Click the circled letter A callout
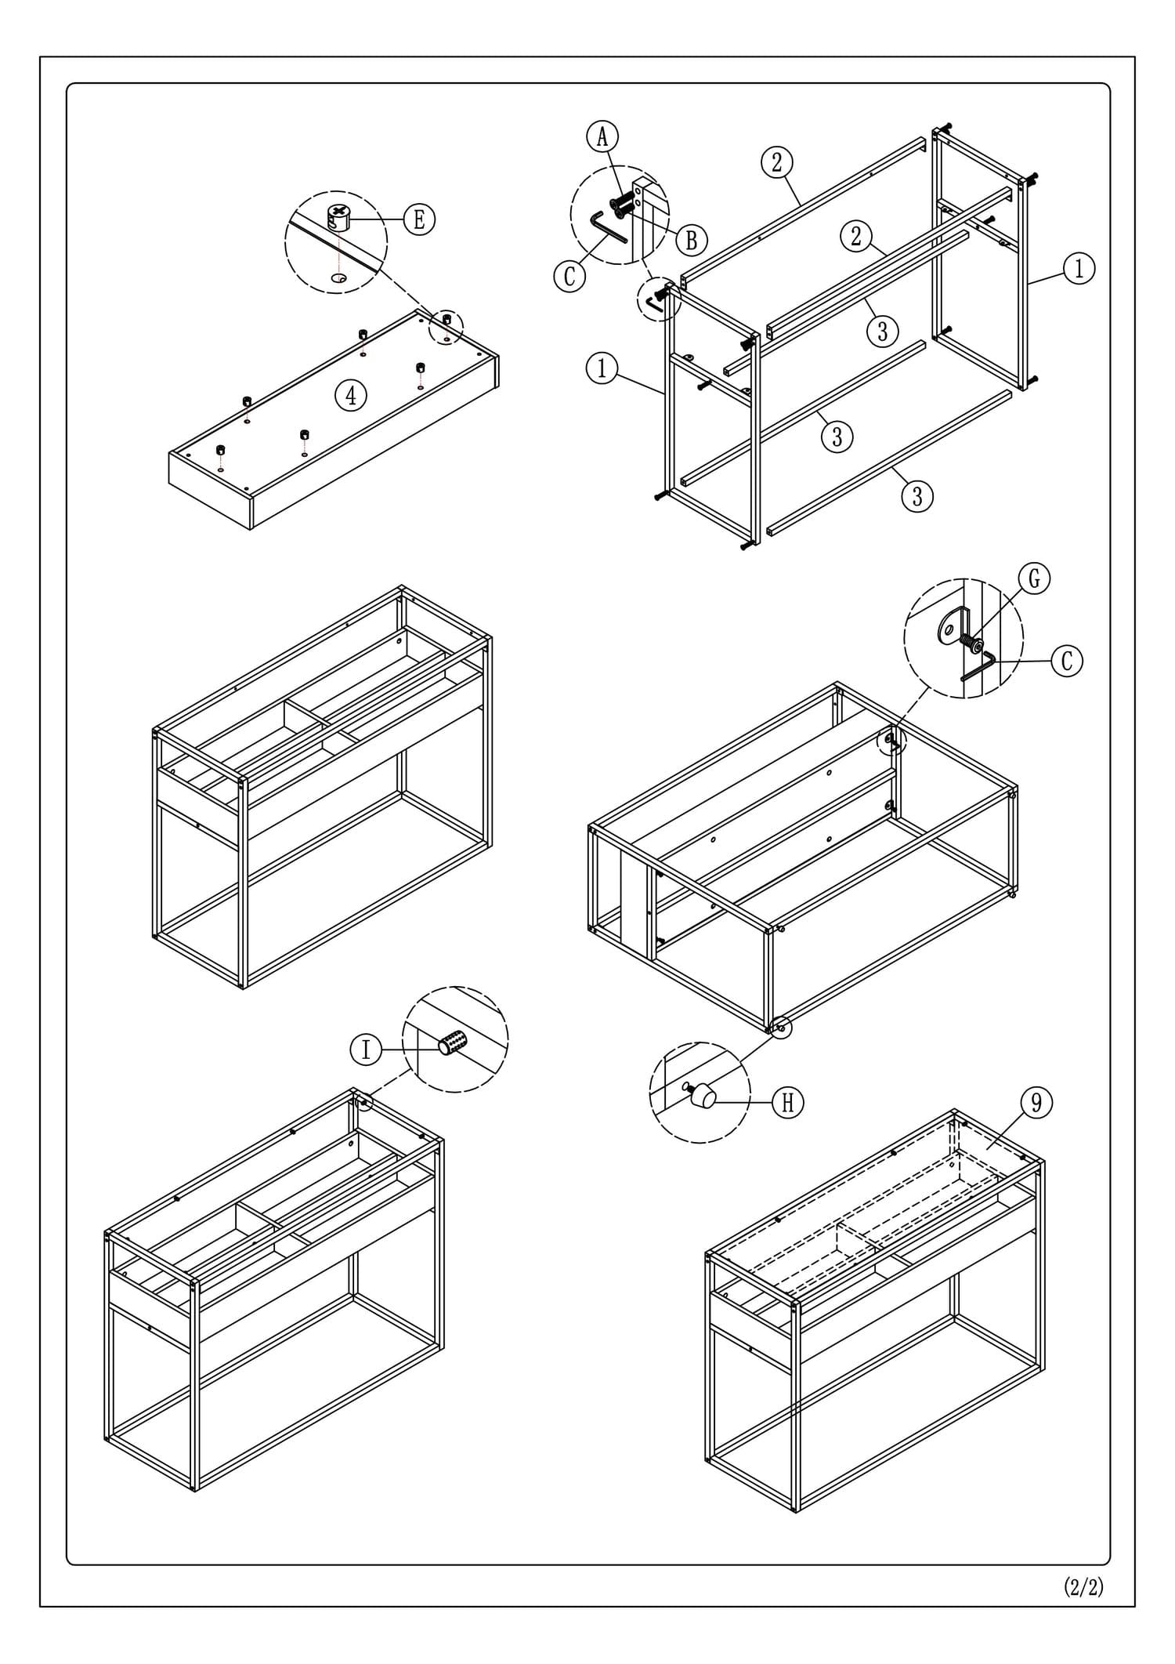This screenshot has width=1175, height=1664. [x=602, y=136]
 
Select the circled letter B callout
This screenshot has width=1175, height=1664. [x=691, y=239]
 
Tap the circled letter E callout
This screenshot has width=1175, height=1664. [x=419, y=219]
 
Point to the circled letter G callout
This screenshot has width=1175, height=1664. [x=1034, y=578]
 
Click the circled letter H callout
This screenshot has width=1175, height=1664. [x=788, y=1103]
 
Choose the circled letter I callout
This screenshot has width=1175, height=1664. [x=366, y=1049]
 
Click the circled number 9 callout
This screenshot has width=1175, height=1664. [x=1036, y=1103]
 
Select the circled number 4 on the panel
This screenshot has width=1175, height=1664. [x=351, y=395]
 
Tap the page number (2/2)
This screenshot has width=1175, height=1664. [x=1083, y=1586]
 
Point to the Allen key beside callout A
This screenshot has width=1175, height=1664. [x=607, y=228]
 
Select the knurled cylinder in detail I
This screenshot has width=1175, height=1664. [x=453, y=1043]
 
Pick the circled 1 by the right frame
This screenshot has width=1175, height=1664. [x=1079, y=269]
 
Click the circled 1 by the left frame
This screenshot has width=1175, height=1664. [x=602, y=368]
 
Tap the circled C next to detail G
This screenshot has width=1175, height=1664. [x=1066, y=660]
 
